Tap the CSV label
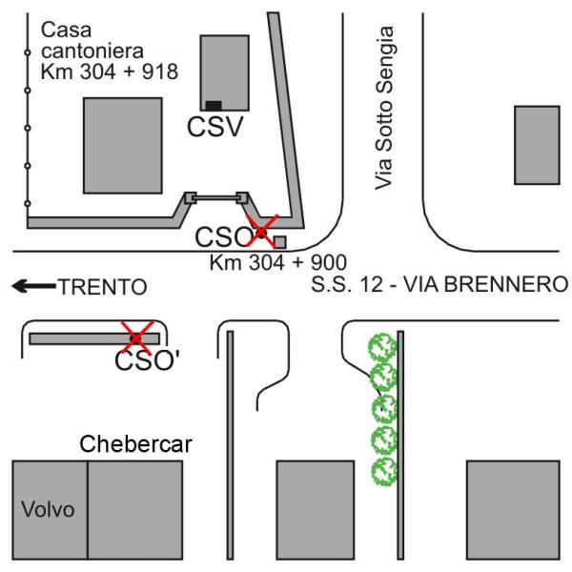(216, 127)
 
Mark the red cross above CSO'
(138, 336)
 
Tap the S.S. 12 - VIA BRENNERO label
(440, 283)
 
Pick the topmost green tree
(382, 345)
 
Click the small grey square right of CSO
(280, 242)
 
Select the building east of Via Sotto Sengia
(537, 145)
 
